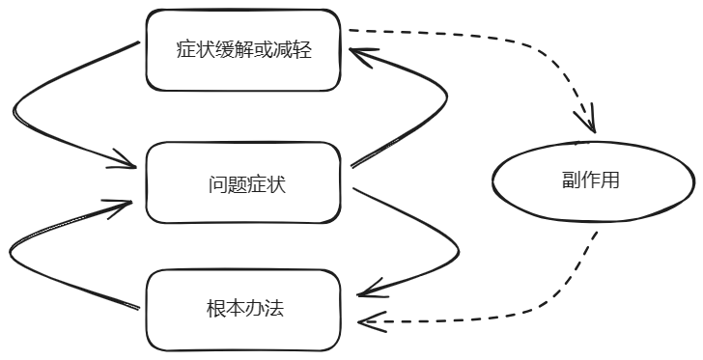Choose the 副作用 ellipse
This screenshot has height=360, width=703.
tap(593, 180)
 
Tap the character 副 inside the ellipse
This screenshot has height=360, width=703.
tap(571, 180)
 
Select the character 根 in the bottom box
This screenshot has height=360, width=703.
tap(214, 309)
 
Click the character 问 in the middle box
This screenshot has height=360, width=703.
tap(214, 183)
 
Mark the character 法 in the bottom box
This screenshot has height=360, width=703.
tap(275, 309)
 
